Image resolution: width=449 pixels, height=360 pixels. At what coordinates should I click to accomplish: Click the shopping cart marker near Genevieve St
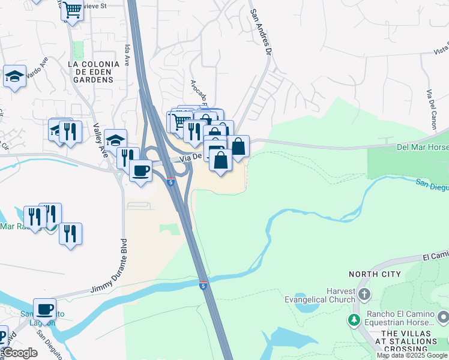click(72, 10)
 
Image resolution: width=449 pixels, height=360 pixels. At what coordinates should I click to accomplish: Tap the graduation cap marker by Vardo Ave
click(14, 77)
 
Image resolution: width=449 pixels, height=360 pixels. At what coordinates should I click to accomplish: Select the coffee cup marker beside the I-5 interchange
click(141, 171)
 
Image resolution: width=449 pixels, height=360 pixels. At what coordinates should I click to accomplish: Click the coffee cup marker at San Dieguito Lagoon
click(44, 309)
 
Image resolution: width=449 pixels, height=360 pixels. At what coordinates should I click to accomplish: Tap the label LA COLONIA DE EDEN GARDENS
click(91, 71)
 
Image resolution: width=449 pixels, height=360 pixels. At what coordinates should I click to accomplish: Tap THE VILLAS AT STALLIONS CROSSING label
click(409, 341)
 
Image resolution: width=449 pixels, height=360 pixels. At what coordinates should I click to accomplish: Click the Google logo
click(20, 353)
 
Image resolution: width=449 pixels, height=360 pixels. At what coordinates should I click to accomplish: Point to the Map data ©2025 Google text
click(412, 355)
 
